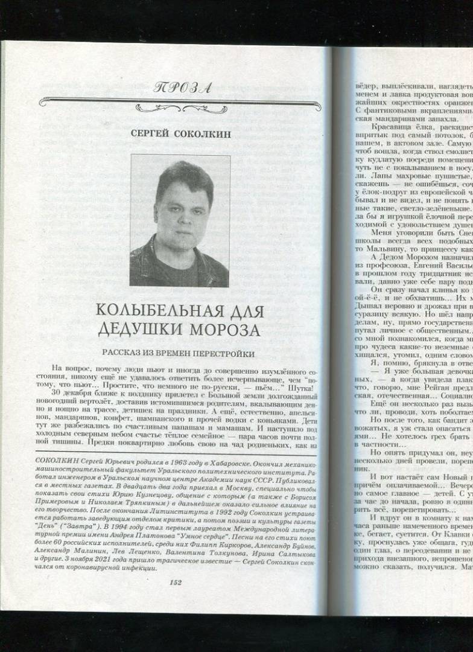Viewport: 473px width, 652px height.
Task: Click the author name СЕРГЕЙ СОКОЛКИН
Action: (180, 134)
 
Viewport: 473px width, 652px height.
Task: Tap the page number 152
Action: (176, 582)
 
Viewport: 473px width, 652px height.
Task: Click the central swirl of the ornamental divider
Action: (180, 108)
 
